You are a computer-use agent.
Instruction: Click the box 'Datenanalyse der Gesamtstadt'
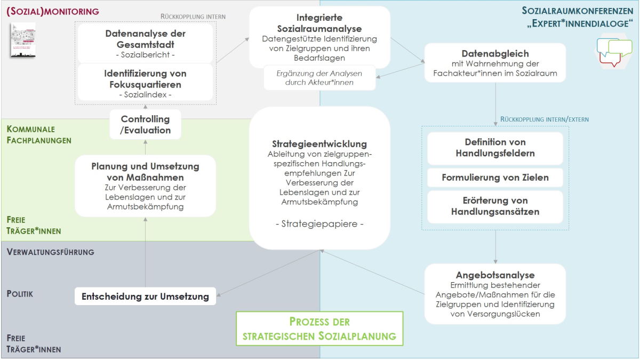tap(145, 43)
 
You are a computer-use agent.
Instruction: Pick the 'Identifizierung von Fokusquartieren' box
tap(145, 83)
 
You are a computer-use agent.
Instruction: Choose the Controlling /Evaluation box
tap(146, 124)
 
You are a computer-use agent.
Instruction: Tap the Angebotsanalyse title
tap(495, 275)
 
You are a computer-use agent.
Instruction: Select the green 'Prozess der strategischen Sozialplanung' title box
tap(319, 329)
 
